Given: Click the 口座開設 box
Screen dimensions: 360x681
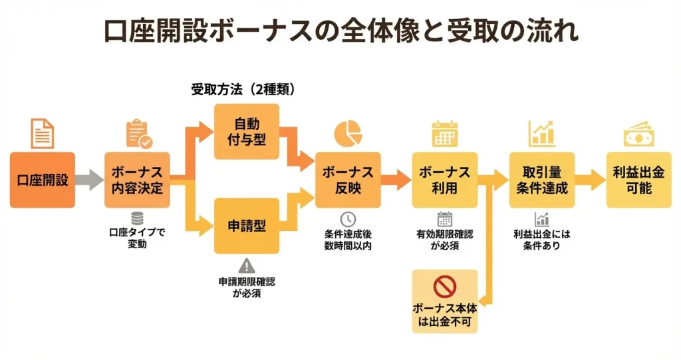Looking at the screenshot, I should tap(43, 180).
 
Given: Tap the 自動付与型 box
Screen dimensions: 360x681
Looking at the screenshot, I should tap(246, 132).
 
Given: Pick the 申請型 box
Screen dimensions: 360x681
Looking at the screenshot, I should tap(246, 226).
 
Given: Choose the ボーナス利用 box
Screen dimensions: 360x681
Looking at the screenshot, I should tap(444, 180).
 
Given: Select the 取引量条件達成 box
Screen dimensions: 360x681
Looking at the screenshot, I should tap(542, 180).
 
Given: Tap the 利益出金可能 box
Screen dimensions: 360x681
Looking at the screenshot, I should tap(638, 180).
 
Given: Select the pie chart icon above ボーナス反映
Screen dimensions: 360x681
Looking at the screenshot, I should tap(348, 133).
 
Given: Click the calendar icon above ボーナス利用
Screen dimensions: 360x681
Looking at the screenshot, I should tap(444, 134).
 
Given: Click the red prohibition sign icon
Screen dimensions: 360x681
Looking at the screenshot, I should tap(444, 287).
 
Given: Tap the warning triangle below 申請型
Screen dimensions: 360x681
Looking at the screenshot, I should tap(246, 265).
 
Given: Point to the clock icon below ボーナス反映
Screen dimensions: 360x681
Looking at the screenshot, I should tap(348, 219).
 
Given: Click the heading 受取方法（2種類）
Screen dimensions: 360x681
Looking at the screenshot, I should tap(243, 90).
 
